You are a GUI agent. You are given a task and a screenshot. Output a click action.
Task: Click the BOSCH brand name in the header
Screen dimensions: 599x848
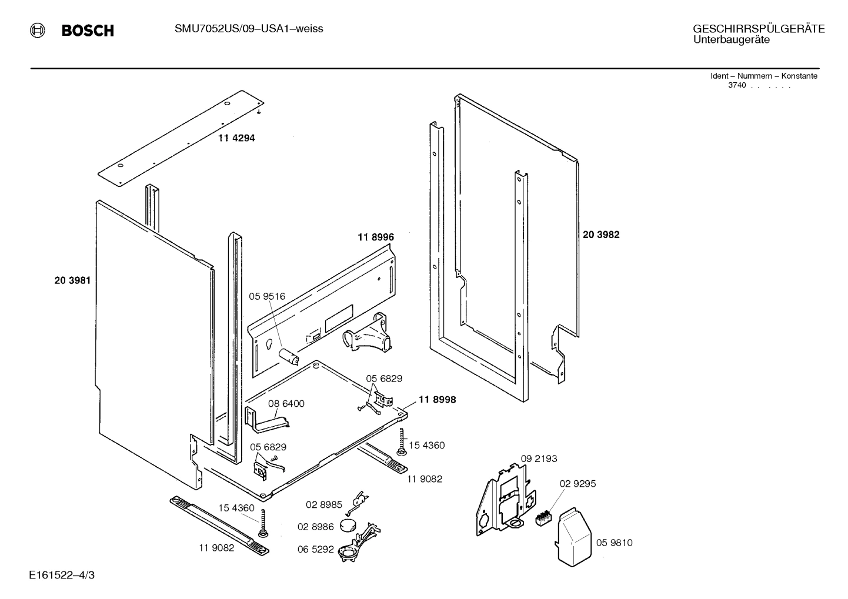[88, 31]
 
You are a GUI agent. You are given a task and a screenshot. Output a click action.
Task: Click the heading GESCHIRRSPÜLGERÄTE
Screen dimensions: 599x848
[759, 29]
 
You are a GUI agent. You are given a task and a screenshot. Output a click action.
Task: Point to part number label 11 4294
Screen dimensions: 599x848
[236, 138]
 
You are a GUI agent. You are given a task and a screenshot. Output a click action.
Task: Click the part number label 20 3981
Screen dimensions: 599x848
[72, 280]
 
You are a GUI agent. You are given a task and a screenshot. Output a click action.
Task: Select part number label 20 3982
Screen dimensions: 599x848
[601, 235]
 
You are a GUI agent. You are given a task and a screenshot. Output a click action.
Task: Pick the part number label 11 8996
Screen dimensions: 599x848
[375, 237]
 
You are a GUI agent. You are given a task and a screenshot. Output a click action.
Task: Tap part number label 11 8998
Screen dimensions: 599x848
[437, 400]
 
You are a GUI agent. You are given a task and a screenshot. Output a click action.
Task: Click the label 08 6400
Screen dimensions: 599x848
[286, 404]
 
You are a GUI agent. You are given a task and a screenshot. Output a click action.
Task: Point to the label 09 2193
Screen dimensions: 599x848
[539, 459]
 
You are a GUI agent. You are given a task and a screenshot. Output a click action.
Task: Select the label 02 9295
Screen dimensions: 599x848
[577, 484]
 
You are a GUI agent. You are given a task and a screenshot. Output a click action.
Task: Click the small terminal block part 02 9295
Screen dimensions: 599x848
[542, 517]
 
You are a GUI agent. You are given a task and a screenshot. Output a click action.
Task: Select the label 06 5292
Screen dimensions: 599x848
[315, 550]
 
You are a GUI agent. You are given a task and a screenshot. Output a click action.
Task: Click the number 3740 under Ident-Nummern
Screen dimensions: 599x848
[737, 85]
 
